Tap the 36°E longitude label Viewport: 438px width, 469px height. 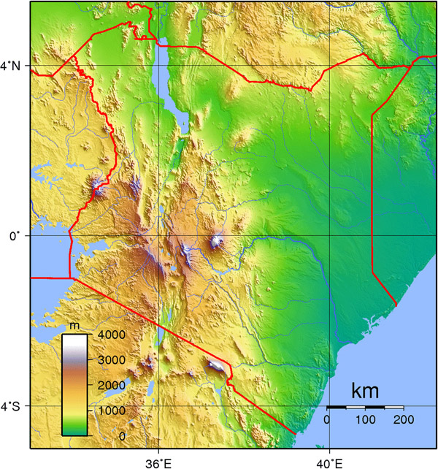point(158,461)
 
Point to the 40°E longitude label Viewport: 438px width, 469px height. point(329,461)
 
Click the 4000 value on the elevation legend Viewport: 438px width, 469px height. point(107,335)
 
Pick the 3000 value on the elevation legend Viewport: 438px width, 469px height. point(107,360)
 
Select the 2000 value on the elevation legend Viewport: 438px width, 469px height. point(107,385)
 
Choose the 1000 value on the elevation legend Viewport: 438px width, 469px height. point(107,411)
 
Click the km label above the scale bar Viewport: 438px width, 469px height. point(365,391)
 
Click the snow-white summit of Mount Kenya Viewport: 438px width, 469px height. point(216,241)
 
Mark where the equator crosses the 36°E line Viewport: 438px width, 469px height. point(158,236)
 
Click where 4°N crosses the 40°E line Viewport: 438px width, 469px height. point(329,66)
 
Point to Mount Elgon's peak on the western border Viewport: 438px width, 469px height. point(97,191)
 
